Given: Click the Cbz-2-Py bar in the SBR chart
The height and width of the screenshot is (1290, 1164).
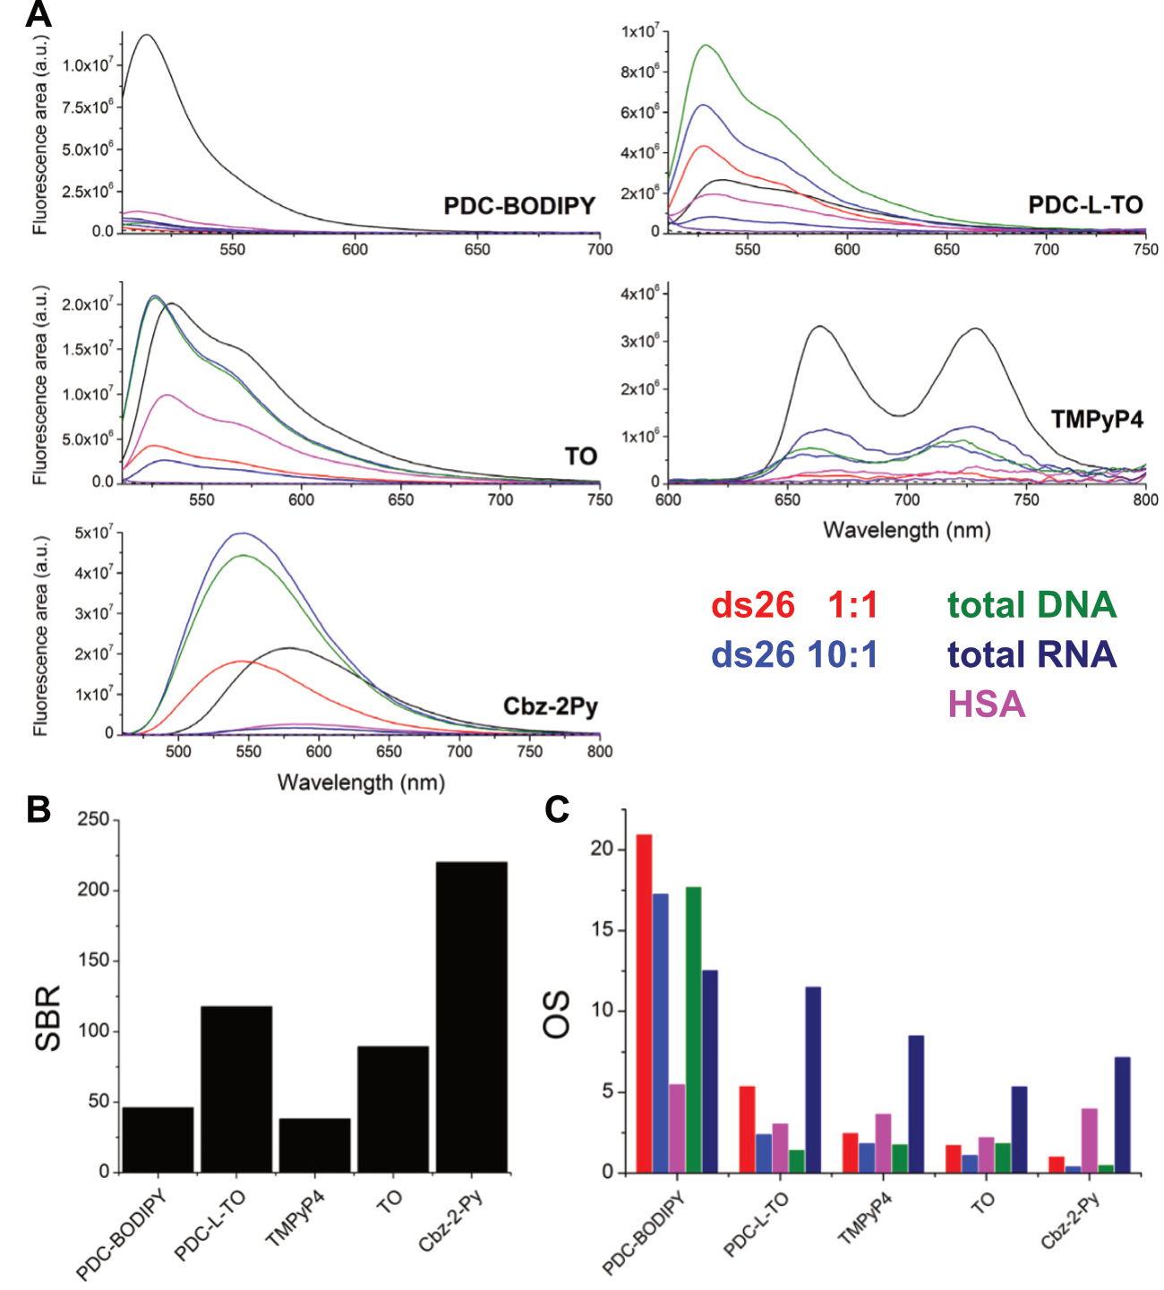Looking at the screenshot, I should pyautogui.click(x=471, y=1017).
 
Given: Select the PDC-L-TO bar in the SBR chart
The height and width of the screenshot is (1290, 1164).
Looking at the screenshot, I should pyautogui.click(x=236, y=1089).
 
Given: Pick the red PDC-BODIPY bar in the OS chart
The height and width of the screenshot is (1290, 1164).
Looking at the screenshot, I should pyautogui.click(x=644, y=1003).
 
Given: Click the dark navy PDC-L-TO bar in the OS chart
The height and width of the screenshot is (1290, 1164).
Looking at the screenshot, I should pyautogui.click(x=813, y=1079).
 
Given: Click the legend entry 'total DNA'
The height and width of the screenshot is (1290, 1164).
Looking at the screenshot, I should pyautogui.click(x=1031, y=605).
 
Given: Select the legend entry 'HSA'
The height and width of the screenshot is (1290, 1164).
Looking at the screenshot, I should pyautogui.click(x=986, y=705).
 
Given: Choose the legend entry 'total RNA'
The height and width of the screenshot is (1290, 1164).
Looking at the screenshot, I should pyautogui.click(x=1031, y=654).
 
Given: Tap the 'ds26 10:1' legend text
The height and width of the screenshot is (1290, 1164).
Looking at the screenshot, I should pyautogui.click(x=794, y=654).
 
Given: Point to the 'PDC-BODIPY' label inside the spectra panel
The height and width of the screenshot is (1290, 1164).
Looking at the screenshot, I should pyautogui.click(x=519, y=206).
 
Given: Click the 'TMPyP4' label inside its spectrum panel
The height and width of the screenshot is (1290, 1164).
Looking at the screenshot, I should pyautogui.click(x=1097, y=419).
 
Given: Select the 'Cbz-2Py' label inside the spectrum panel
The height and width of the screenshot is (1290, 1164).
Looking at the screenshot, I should pyautogui.click(x=550, y=706).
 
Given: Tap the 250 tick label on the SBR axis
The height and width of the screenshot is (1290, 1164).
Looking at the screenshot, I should pyautogui.click(x=93, y=819).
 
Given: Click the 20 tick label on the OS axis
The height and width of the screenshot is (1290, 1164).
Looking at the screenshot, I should pyautogui.click(x=603, y=848).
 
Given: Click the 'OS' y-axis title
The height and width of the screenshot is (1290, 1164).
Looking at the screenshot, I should pyautogui.click(x=557, y=1013).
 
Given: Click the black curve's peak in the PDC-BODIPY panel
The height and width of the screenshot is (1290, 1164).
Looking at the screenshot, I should pyautogui.click(x=146, y=35).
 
